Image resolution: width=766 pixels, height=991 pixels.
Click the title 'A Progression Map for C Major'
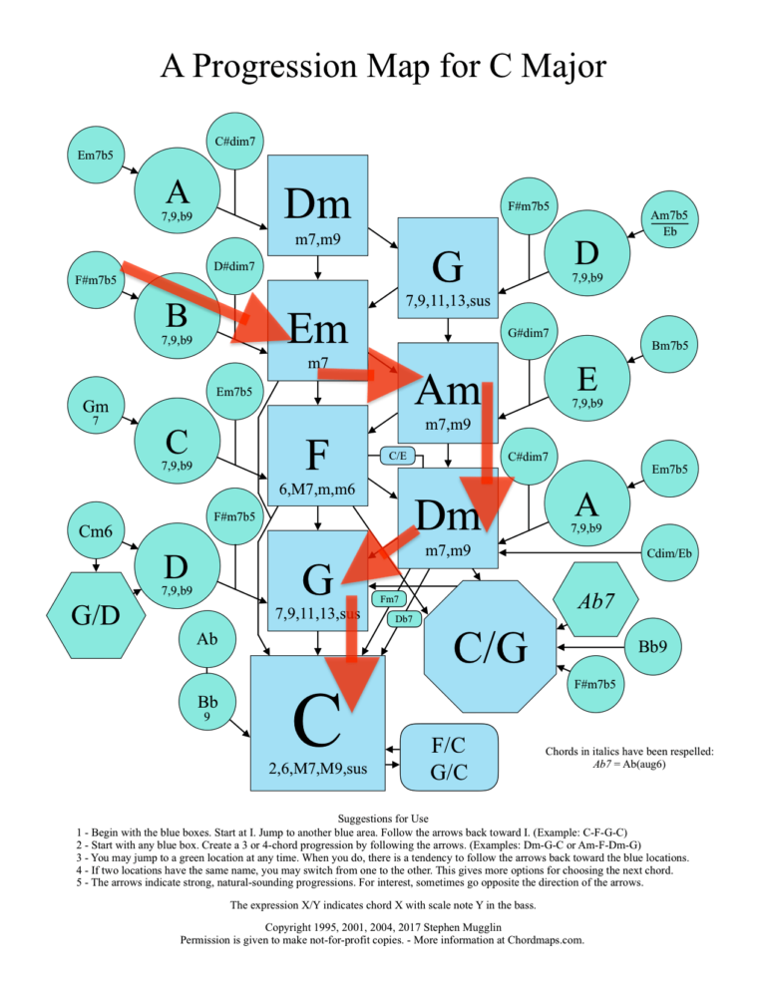(x=383, y=68)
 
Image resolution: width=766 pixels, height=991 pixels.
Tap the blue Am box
(x=448, y=394)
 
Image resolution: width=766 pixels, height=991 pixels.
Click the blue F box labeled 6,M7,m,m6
(x=317, y=459)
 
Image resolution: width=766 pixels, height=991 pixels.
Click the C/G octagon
(x=489, y=647)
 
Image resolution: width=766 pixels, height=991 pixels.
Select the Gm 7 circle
(x=96, y=411)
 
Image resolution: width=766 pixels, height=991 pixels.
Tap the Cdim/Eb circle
(x=669, y=552)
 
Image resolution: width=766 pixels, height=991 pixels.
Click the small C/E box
(x=397, y=456)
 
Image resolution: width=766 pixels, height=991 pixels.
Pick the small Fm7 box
(x=391, y=599)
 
